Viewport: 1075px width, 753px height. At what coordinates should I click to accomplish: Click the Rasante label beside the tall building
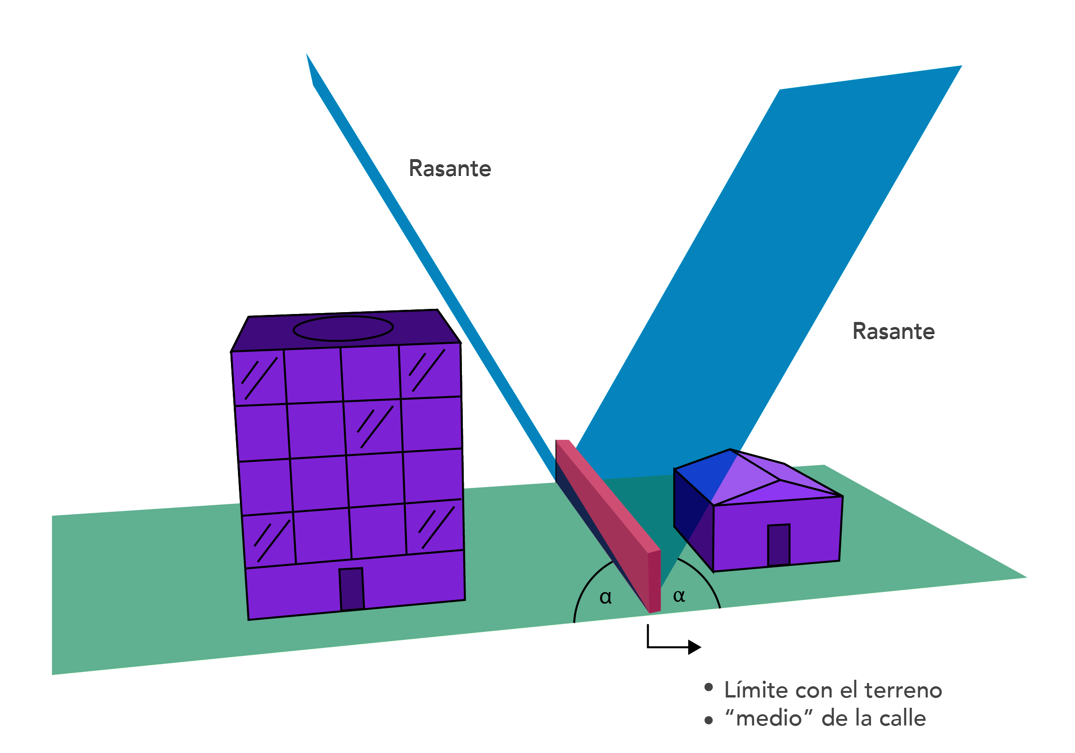[x=449, y=168]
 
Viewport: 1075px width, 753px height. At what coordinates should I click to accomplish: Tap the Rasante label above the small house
[x=894, y=332]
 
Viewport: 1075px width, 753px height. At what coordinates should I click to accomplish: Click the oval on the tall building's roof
[x=343, y=328]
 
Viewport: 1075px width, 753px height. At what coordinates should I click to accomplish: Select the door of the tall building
[x=351, y=589]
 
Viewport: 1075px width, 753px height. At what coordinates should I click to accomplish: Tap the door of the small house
[x=779, y=545]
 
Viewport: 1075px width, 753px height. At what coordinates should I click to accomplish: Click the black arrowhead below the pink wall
[x=695, y=647]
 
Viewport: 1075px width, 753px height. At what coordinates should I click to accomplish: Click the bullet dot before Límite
[x=708, y=687]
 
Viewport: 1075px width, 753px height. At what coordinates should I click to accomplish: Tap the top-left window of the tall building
[x=259, y=378]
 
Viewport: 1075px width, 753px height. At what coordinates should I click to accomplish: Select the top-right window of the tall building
[x=430, y=371]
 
